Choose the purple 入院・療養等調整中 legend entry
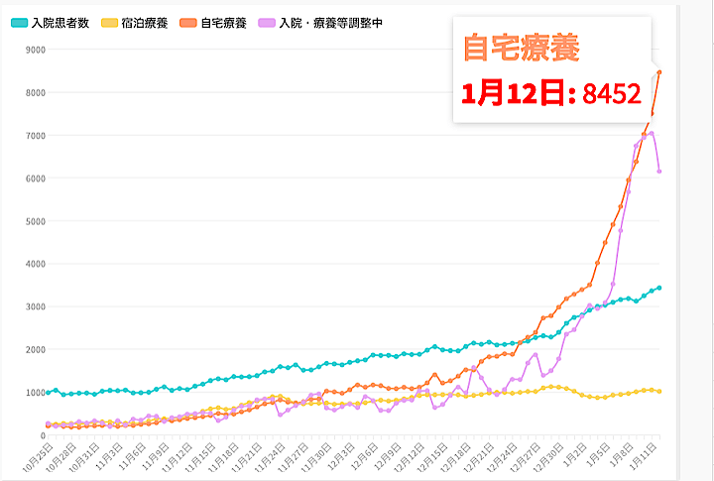[315, 21]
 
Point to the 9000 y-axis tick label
[37, 50]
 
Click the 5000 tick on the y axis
[37, 221]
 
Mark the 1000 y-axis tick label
[37, 392]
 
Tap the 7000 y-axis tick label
[37, 135]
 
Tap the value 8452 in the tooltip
[611, 94]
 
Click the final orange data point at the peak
[659, 72]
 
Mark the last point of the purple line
[659, 172]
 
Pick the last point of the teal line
[659, 288]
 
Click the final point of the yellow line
[659, 392]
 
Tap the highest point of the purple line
[652, 133]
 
